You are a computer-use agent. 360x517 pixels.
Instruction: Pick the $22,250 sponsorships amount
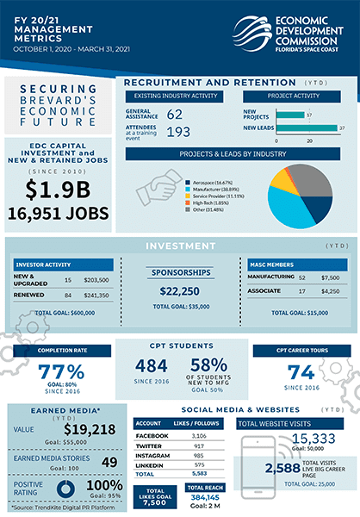click(180, 291)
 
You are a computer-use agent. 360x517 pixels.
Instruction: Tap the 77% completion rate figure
click(62, 372)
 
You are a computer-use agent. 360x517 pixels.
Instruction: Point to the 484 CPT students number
click(151, 366)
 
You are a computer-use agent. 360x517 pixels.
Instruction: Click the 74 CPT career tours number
click(301, 372)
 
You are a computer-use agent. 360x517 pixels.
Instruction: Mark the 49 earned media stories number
click(109, 463)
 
